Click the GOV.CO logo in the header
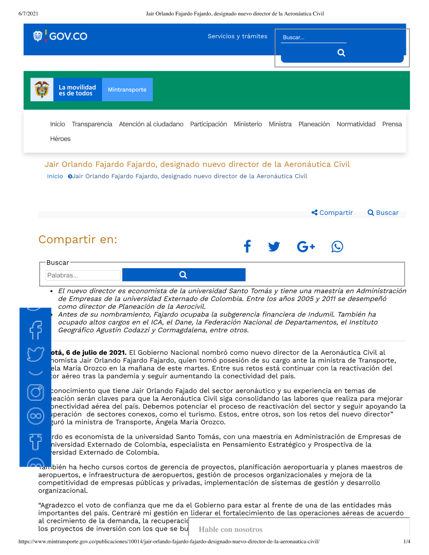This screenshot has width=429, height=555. click(60, 36)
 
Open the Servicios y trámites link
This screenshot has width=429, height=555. click(237, 36)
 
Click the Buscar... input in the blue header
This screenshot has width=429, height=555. click(314, 38)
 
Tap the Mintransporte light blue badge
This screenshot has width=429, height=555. click(127, 90)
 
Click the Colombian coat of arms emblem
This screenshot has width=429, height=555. click(42, 90)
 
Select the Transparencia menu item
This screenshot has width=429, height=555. click(92, 124)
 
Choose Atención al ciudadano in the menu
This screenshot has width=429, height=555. click(151, 124)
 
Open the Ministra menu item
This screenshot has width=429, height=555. click(280, 124)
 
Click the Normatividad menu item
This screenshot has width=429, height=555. click(356, 124)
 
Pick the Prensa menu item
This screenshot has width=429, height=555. click(392, 124)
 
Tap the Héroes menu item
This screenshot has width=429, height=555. click(60, 139)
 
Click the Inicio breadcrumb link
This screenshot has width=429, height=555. click(55, 176)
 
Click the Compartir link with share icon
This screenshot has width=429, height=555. click(332, 213)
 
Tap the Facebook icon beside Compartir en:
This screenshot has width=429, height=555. click(247, 246)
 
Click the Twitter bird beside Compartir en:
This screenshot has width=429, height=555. click(274, 247)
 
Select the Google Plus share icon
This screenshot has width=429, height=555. click(306, 247)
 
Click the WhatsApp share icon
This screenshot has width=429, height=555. click(337, 247)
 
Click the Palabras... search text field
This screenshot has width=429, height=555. click(83, 275)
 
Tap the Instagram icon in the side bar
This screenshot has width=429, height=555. click(36, 392)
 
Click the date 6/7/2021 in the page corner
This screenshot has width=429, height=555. click(28, 14)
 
